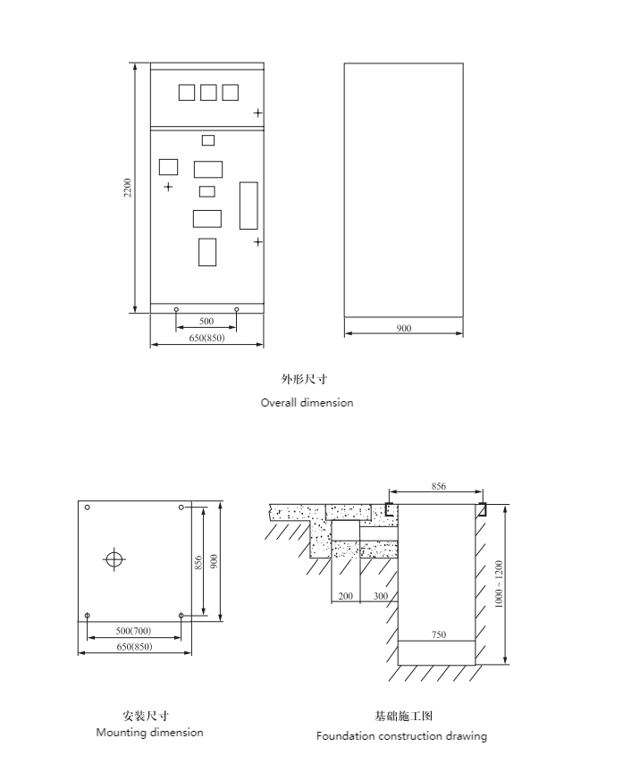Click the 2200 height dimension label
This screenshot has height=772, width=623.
(128, 188)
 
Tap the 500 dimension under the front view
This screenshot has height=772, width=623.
(206, 321)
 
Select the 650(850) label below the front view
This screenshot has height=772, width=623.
(206, 338)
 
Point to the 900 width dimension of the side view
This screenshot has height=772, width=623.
(404, 328)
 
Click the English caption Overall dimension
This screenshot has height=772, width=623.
(307, 403)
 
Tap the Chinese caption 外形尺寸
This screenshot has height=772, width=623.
(305, 379)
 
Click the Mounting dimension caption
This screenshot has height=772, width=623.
(150, 733)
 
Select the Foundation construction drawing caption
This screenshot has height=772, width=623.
(401, 736)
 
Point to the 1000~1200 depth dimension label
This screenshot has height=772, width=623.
(499, 584)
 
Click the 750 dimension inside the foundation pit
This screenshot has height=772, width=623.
(439, 634)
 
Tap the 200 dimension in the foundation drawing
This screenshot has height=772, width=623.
(346, 596)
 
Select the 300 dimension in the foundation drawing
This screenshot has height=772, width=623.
(381, 596)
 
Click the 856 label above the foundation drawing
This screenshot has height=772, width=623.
(438, 486)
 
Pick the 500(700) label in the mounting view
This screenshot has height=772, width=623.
(133, 631)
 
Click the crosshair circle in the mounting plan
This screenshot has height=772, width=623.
(114, 558)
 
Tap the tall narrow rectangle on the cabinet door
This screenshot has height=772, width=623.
(248, 206)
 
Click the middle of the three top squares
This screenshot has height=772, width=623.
(208, 93)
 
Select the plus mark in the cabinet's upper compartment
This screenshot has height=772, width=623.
(258, 113)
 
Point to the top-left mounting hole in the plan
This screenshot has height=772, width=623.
(88, 508)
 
